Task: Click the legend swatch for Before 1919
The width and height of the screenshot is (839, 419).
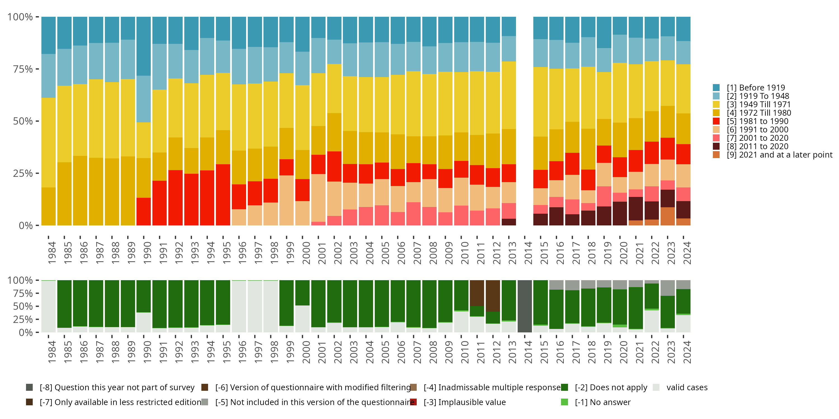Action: pos(716,87)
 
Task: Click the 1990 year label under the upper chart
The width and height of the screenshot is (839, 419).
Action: pos(147,253)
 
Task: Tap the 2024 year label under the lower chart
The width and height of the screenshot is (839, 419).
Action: pos(687,352)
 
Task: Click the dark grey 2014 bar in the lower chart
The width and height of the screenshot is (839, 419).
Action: pos(524,306)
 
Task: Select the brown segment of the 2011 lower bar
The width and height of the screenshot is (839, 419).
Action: pos(477,293)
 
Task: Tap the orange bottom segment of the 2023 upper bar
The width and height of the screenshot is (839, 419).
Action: pos(667,216)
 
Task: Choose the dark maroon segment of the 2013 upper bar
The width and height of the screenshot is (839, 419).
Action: pos(508,222)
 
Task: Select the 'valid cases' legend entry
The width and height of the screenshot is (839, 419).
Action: pos(687,387)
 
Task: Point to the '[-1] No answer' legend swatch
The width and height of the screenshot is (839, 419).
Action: pos(564,402)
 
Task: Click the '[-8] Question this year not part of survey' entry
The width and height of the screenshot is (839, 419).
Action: pos(117,387)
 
